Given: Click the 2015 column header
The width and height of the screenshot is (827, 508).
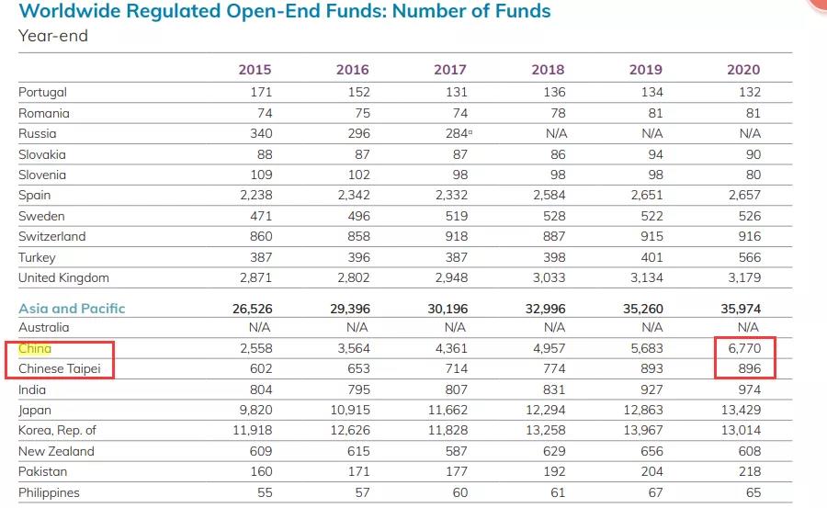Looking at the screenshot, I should [255, 70].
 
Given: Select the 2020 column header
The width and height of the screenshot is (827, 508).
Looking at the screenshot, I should [743, 70].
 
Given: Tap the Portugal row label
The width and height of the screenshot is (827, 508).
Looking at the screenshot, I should [42, 92].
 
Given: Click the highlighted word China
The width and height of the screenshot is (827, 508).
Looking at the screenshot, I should [35, 349].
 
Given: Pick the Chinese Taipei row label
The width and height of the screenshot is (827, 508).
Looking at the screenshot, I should [65, 369].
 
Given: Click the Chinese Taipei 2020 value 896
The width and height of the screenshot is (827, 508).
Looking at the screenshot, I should [748, 369].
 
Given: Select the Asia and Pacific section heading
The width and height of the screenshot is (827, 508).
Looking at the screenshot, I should [72, 309].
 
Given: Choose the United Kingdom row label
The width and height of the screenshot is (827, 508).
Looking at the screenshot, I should [63, 277].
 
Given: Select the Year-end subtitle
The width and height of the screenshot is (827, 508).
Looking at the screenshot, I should [53, 36].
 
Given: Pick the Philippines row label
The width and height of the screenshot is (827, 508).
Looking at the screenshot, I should [49, 492].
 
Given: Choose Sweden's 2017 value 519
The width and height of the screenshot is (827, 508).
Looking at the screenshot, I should [455, 216].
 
